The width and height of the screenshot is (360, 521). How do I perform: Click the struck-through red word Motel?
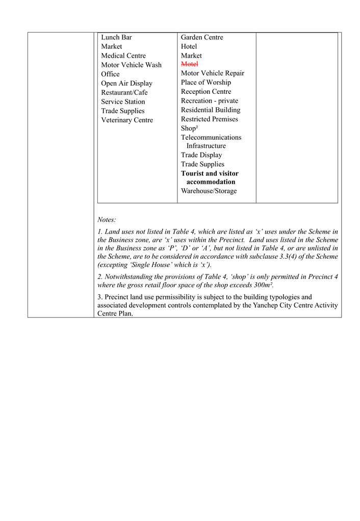[x=189, y=64]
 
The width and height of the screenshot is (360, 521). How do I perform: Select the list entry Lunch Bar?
[x=116, y=37]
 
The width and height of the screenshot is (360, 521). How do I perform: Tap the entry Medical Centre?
[x=123, y=56]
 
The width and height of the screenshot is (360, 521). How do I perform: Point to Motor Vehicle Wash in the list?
[x=131, y=65]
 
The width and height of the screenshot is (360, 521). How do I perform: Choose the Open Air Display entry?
[x=126, y=83]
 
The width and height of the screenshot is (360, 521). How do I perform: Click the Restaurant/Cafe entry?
[x=124, y=92]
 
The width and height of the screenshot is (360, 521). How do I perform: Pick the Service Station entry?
[x=123, y=102]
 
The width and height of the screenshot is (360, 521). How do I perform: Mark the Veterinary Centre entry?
[x=126, y=120]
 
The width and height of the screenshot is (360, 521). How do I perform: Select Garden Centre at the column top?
[x=202, y=37]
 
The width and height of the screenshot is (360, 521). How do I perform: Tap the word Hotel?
[x=189, y=46]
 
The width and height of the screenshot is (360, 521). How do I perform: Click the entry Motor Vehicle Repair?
[x=212, y=73]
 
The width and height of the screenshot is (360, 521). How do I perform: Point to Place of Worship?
[x=205, y=82]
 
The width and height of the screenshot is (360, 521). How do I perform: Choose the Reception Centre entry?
[x=205, y=91]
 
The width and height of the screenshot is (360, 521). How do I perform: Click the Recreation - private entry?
[x=209, y=101]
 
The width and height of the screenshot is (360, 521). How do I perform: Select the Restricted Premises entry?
[x=209, y=119]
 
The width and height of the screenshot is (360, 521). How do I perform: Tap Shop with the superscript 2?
[x=189, y=129]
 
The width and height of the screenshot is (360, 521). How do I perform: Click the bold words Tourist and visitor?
[x=210, y=173]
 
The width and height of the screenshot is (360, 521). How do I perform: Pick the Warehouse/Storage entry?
[x=209, y=191]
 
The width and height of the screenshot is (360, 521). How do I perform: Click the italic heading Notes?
[x=107, y=219]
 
